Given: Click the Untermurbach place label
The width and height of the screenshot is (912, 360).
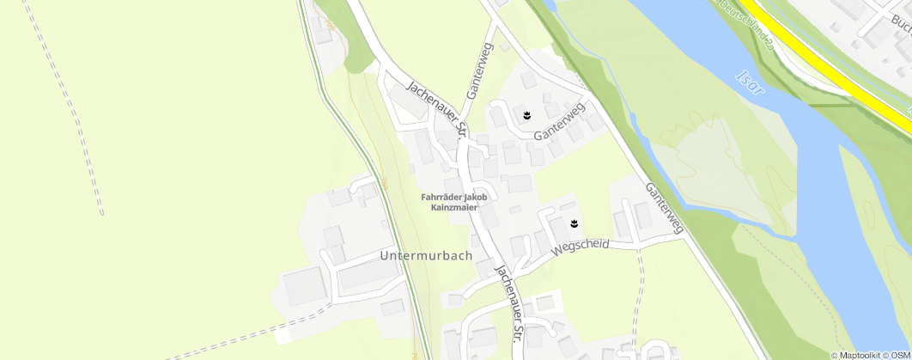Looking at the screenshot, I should pyautogui.click(x=426, y=256).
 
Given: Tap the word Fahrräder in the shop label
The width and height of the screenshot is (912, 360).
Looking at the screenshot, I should pyautogui.click(x=443, y=197).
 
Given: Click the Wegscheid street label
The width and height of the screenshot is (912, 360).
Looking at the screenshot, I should pyautogui.click(x=581, y=246).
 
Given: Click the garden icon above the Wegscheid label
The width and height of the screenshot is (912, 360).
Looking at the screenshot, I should pyautogui.click(x=574, y=224).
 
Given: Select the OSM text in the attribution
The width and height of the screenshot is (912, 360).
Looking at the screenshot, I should pyautogui.click(x=900, y=355).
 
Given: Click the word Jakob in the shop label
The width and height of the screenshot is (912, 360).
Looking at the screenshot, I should pyautogui.click(x=477, y=197).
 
